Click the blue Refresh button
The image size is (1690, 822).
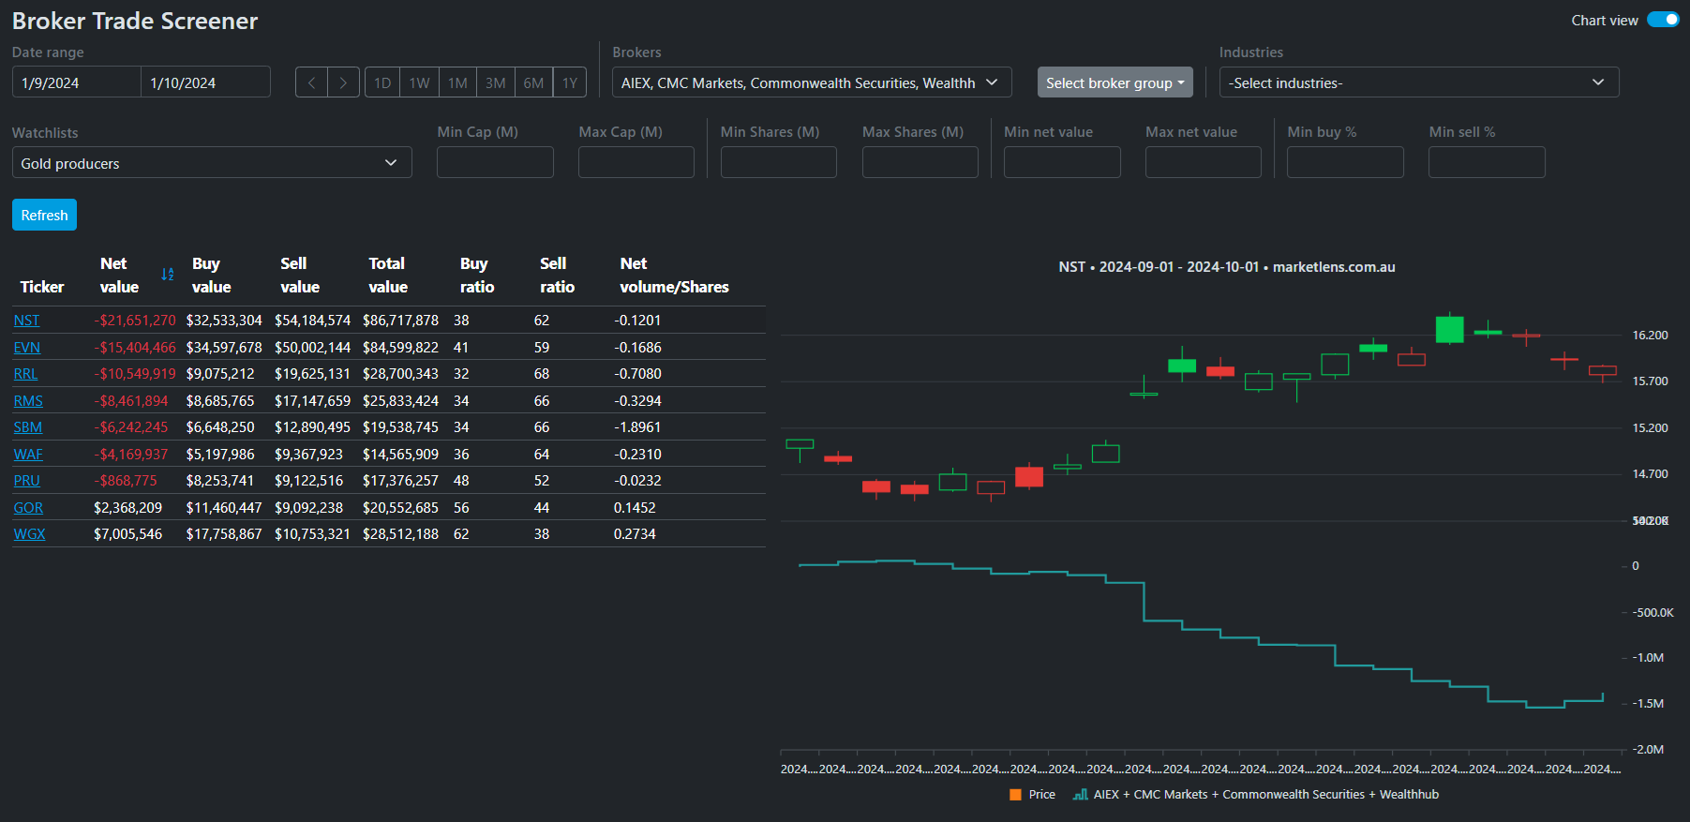click(x=44, y=215)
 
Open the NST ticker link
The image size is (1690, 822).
click(x=26, y=321)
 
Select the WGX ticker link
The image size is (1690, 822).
click(x=29, y=534)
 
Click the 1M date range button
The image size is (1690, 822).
click(x=457, y=82)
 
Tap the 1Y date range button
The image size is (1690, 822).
click(x=570, y=82)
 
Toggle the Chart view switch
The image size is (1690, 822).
click(x=1663, y=20)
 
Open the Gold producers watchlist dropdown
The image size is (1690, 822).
click(x=212, y=163)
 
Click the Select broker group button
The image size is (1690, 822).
click(x=1114, y=82)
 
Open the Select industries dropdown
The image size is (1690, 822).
click(x=1418, y=82)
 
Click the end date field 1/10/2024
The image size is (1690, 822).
click(x=205, y=82)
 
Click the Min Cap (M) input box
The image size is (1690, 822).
click(x=495, y=162)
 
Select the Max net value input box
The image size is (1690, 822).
click(x=1203, y=162)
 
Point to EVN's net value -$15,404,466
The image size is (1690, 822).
click(x=136, y=348)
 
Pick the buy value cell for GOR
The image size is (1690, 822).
click(x=224, y=508)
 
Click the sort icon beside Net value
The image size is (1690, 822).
click(x=168, y=275)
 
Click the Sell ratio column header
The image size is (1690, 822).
click(x=557, y=275)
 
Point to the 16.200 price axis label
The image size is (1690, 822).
click(x=1650, y=336)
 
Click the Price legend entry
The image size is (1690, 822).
click(x=1033, y=795)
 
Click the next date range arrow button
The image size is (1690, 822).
click(x=343, y=82)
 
